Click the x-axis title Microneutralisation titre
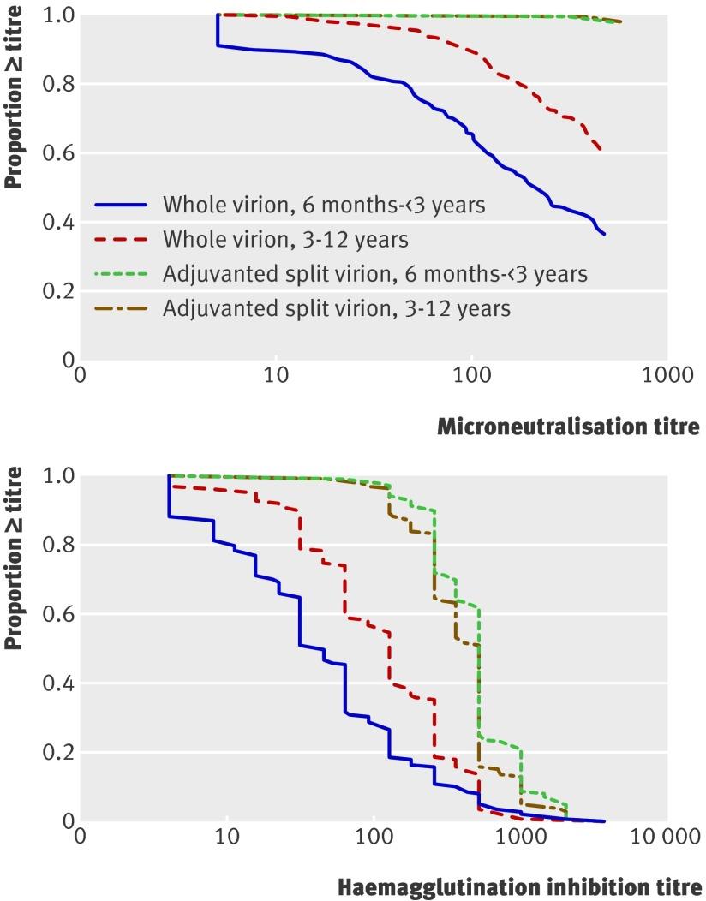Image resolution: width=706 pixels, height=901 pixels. pos(568,426)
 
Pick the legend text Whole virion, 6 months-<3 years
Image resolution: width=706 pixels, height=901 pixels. pos(311,205)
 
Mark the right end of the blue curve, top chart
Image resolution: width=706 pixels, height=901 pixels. pos(605,234)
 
